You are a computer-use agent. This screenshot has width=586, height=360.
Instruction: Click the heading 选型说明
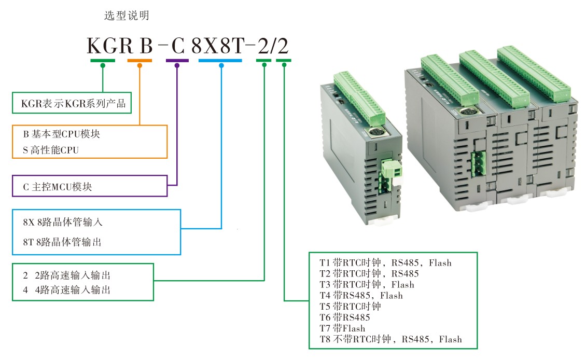coord(127,16)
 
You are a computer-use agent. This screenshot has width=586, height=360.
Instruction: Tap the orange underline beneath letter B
coord(139,61)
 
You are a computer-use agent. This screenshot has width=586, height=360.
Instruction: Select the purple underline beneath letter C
coord(177,61)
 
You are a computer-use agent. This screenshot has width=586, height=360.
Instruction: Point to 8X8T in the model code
coord(217,47)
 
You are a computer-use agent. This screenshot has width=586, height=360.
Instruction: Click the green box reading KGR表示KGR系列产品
coord(72,103)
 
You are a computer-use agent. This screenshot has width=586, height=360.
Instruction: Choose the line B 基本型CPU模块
coord(61,134)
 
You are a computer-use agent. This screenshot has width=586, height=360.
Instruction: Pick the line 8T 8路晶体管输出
coord(62,242)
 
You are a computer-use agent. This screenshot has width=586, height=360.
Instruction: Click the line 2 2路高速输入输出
coord(66,275)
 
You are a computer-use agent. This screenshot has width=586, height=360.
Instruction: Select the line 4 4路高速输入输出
coord(66,289)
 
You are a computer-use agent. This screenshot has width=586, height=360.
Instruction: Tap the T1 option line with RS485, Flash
coord(385,262)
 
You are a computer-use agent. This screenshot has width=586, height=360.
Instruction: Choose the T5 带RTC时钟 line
coord(350,306)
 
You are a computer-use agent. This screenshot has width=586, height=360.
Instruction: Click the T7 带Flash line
coord(342,328)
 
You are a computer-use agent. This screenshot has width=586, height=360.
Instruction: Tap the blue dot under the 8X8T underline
coord(221,65)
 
